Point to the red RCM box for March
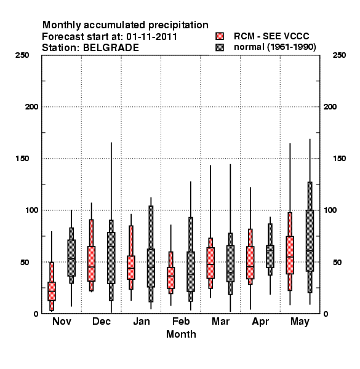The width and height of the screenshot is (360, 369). point(210,263)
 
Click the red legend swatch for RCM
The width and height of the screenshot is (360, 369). point(220,36)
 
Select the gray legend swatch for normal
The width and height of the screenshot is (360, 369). point(220,47)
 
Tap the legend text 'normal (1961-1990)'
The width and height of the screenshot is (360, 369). point(274,47)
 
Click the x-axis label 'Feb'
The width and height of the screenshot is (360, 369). point(181,321)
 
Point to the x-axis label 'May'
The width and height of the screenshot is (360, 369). point(300,322)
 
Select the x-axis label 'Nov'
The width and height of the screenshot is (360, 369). point(62,321)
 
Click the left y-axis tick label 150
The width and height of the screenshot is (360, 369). point(22,159)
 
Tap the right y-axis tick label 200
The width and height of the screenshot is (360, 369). point(330,107)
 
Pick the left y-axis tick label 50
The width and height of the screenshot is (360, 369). point(25,262)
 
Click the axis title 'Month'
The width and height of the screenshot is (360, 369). point(181,334)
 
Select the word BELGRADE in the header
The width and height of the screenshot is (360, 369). point(111,48)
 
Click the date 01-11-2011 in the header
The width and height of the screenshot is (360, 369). point(151,37)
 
